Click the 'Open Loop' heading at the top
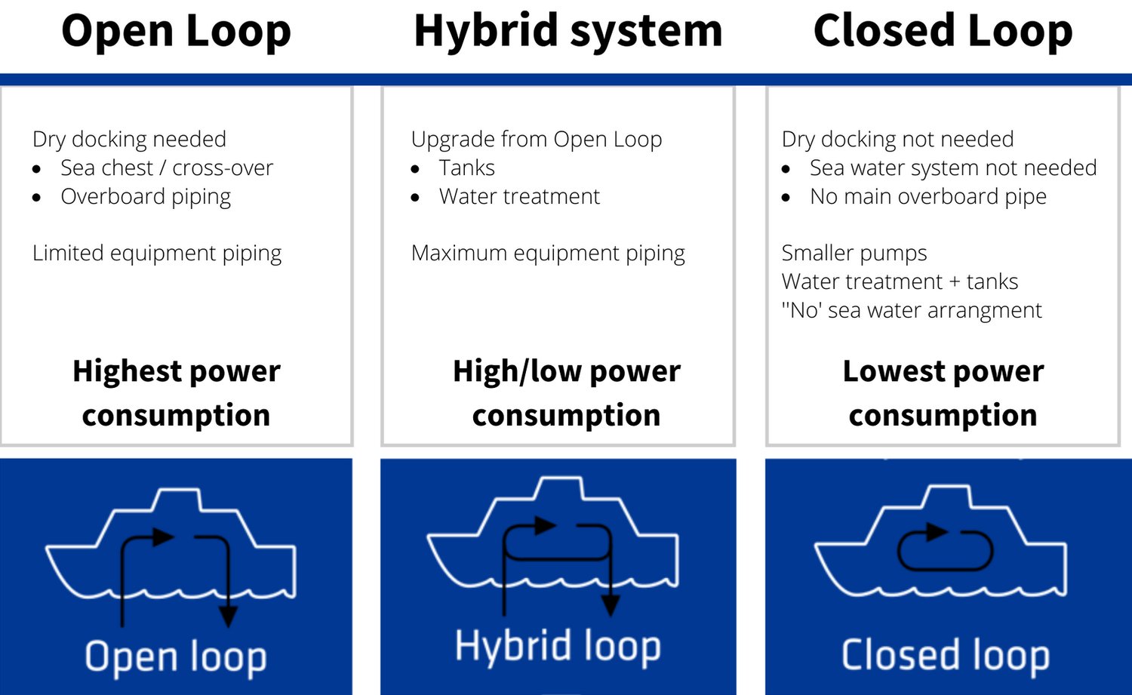point(176,32)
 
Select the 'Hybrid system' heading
point(568,32)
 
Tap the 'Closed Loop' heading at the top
point(943,32)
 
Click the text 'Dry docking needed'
point(129,140)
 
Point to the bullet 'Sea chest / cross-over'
point(167,168)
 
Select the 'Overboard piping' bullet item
point(146,197)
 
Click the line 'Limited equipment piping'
point(157,254)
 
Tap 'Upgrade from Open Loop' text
point(537,140)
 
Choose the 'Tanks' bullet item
point(466,168)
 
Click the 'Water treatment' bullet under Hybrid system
point(519,197)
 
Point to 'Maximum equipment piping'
point(548,254)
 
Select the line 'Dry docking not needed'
point(897,140)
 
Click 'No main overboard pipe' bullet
point(927,197)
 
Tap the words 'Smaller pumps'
point(854,254)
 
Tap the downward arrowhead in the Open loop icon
point(227,616)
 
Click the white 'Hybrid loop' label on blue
point(558,647)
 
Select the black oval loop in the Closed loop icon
point(944,549)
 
